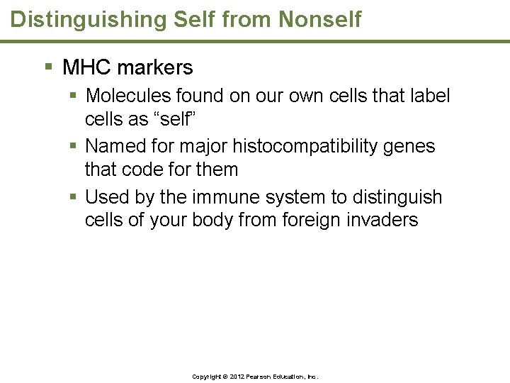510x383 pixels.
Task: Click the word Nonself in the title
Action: tap(319, 19)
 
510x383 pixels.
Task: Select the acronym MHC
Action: tap(87, 68)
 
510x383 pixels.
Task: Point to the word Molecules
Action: tap(129, 96)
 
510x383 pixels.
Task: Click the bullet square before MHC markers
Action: tap(49, 68)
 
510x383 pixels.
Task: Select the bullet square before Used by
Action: tap(74, 197)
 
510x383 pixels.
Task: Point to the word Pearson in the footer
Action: tap(261, 376)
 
